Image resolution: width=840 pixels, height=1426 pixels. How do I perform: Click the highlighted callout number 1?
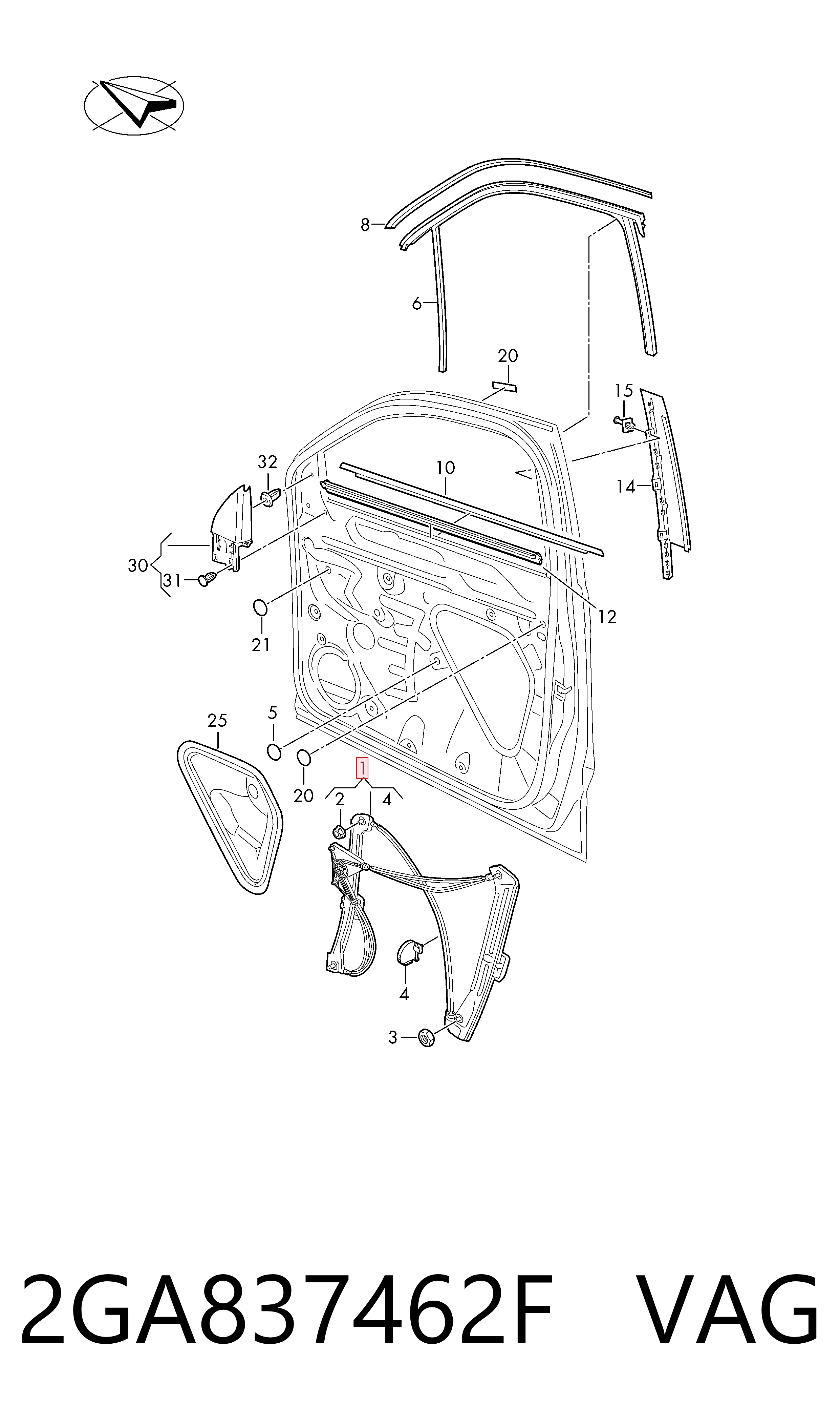tap(362, 768)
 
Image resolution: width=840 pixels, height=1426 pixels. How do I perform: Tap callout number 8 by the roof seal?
tap(365, 225)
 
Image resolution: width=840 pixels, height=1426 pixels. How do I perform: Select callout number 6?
tap(416, 304)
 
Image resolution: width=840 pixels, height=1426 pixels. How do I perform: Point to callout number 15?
tap(623, 390)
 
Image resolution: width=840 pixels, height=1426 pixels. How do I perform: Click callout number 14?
tap(626, 487)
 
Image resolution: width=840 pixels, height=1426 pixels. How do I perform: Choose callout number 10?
tap(446, 468)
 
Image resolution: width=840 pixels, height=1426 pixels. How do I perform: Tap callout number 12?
tap(607, 617)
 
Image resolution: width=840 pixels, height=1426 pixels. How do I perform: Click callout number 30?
tap(138, 565)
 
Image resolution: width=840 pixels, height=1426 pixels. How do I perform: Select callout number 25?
tap(217, 721)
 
